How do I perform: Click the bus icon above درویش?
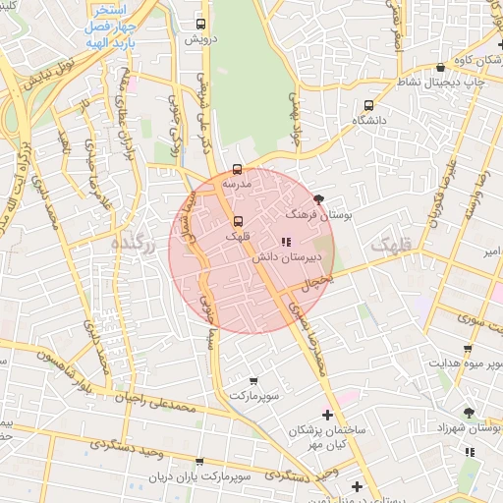(201, 23)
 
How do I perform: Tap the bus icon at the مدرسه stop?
(237, 170)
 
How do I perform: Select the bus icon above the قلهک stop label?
(237, 221)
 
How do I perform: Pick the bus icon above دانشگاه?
(369, 104)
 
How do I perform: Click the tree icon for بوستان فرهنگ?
(318, 198)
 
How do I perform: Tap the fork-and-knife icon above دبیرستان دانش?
(285, 242)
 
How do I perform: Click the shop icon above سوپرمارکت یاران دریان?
(199, 461)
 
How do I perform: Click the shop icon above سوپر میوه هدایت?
(467, 349)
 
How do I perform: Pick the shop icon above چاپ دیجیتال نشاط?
(439, 68)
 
